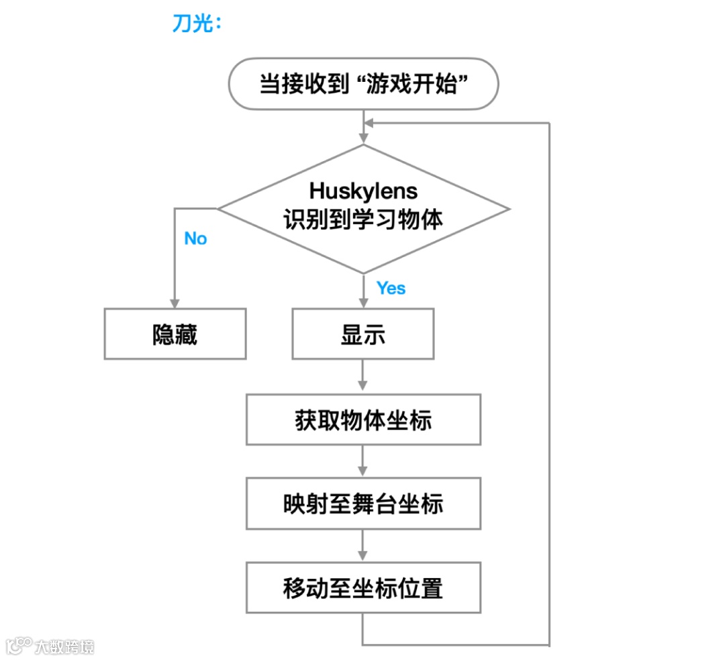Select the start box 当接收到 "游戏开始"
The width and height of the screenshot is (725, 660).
pyautogui.click(x=363, y=84)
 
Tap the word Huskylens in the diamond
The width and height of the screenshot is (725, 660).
pyautogui.click(x=363, y=191)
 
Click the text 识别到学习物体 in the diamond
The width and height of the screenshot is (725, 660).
pyautogui.click(x=363, y=220)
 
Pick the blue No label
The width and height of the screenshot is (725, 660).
pyautogui.click(x=195, y=239)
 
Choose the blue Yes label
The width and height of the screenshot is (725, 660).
pyautogui.click(x=391, y=288)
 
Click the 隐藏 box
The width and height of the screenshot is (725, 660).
pyautogui.click(x=175, y=334)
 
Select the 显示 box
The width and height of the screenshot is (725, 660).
pyautogui.click(x=363, y=334)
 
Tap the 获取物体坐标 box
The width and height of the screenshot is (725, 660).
pyautogui.click(x=363, y=420)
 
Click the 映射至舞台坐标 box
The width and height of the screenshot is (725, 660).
pyautogui.click(x=363, y=504)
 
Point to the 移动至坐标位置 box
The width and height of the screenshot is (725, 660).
pyautogui.click(x=363, y=588)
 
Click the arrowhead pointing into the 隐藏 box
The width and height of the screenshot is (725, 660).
pyautogui.click(x=175, y=303)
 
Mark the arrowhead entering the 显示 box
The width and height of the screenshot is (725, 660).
pyautogui.click(x=363, y=303)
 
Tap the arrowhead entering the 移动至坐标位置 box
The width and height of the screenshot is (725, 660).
pyautogui.click(x=363, y=556)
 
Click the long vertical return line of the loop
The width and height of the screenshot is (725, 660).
pyautogui.click(x=550, y=383)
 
